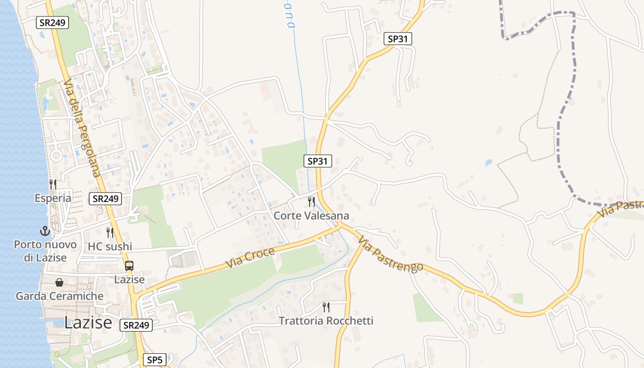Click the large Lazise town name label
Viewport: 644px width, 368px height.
(88, 322)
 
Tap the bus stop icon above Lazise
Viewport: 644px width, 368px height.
(129, 265)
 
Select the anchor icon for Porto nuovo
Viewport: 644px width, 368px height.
(45, 231)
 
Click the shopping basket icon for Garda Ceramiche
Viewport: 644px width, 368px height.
(59, 282)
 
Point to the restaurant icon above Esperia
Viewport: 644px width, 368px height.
(53, 184)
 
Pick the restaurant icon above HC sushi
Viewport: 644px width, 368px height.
(110, 232)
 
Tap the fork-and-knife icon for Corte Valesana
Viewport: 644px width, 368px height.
(311, 202)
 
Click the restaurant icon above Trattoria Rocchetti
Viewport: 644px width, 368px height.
(326, 307)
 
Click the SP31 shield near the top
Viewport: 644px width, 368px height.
(398, 39)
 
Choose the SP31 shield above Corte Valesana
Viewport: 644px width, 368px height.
(317, 161)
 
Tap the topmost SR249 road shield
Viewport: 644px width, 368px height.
(52, 22)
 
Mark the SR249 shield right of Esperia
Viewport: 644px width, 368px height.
(105, 199)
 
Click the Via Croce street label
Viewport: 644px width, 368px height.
(250, 258)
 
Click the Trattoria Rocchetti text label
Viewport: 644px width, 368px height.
(326, 321)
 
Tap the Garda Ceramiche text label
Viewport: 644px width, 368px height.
(59, 296)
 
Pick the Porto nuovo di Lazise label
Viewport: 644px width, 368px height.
(45, 251)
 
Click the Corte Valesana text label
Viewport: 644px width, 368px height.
(311, 216)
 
